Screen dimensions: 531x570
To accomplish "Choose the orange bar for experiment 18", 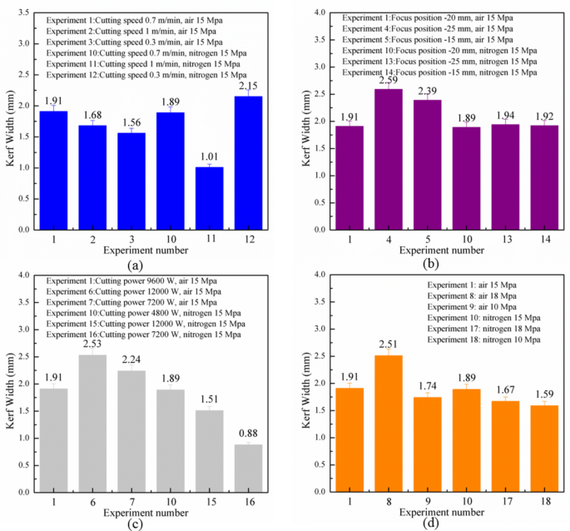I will pos(526,449).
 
